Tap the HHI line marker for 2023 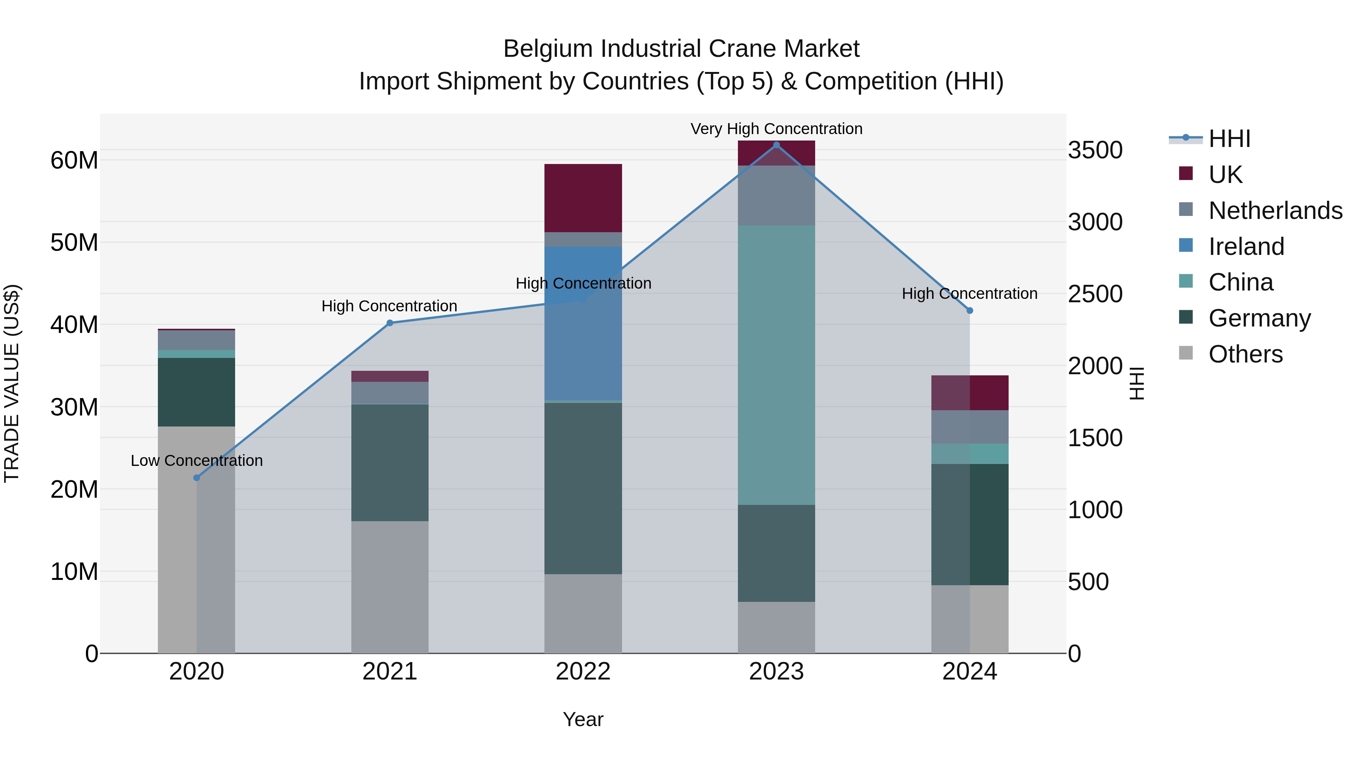[x=776, y=145]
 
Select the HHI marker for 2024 [x=969, y=311]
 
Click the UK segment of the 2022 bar [x=583, y=198]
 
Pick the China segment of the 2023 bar [x=776, y=365]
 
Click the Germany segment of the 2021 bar [x=390, y=462]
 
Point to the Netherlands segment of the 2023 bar [x=776, y=195]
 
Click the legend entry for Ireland [x=1246, y=247]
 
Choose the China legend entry [x=1240, y=282]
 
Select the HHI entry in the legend [x=1229, y=139]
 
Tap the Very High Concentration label [x=776, y=129]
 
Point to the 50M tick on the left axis [x=74, y=242]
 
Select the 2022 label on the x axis [x=583, y=672]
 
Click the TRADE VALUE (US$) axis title [x=12, y=383]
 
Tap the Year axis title [x=583, y=719]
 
